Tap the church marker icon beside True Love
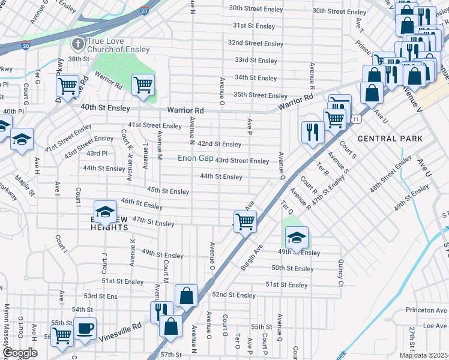(x=77, y=44)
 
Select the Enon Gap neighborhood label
(x=195, y=159)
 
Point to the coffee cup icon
(x=85, y=329)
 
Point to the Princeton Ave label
(x=427, y=310)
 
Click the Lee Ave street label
(x=435, y=325)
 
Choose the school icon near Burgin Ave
(x=296, y=238)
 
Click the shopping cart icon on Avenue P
(x=245, y=221)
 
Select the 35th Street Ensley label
(x=260, y=95)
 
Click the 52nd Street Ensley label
(x=234, y=295)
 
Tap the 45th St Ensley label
(x=168, y=190)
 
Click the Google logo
(x=20, y=353)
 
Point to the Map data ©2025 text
(x=423, y=355)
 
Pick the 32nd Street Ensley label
(x=255, y=44)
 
